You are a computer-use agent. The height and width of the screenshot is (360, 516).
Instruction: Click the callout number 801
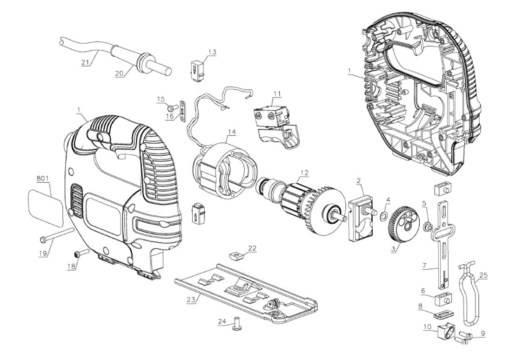[43, 178]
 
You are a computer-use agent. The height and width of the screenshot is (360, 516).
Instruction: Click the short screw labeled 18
[80, 253]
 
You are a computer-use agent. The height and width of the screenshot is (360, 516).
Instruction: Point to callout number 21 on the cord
[85, 62]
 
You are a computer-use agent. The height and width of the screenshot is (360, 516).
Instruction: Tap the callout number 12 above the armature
[304, 173]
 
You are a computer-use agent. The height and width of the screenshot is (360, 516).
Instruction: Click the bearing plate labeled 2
[362, 216]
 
